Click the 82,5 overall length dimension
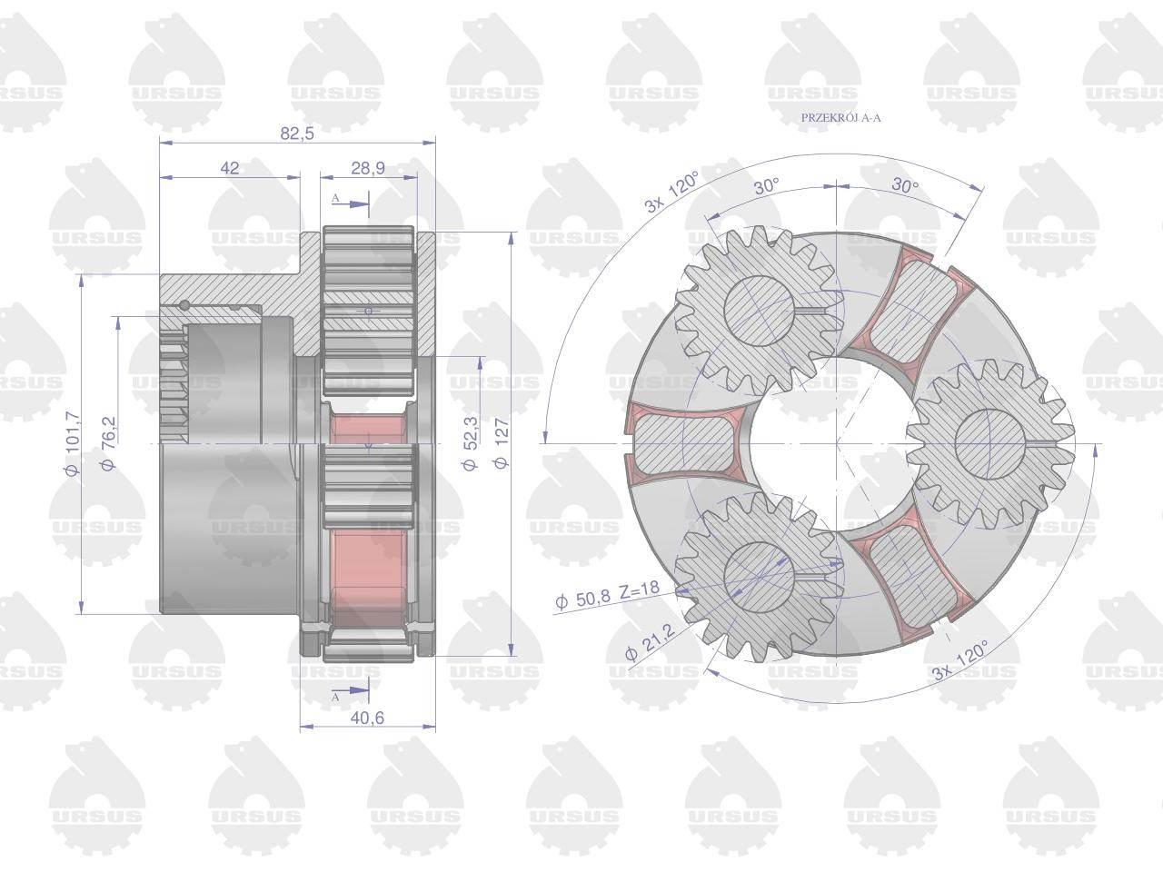[x=297, y=133]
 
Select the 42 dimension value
[x=230, y=168]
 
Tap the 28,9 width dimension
[x=368, y=168]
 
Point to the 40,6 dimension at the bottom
[x=367, y=718]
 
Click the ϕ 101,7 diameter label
[x=73, y=442]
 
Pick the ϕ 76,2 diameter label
[x=108, y=443]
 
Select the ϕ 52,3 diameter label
[x=470, y=443]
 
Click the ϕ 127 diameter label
[x=502, y=443]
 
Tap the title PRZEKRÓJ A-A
[x=840, y=117]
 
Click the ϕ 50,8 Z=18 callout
[x=607, y=595]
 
